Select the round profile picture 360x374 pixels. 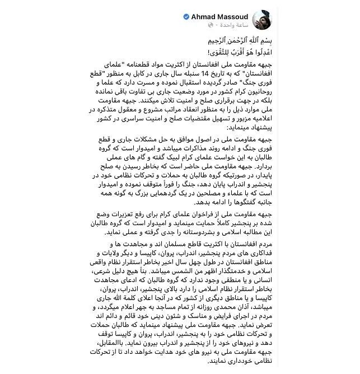277,21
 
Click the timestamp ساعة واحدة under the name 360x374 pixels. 246,26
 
